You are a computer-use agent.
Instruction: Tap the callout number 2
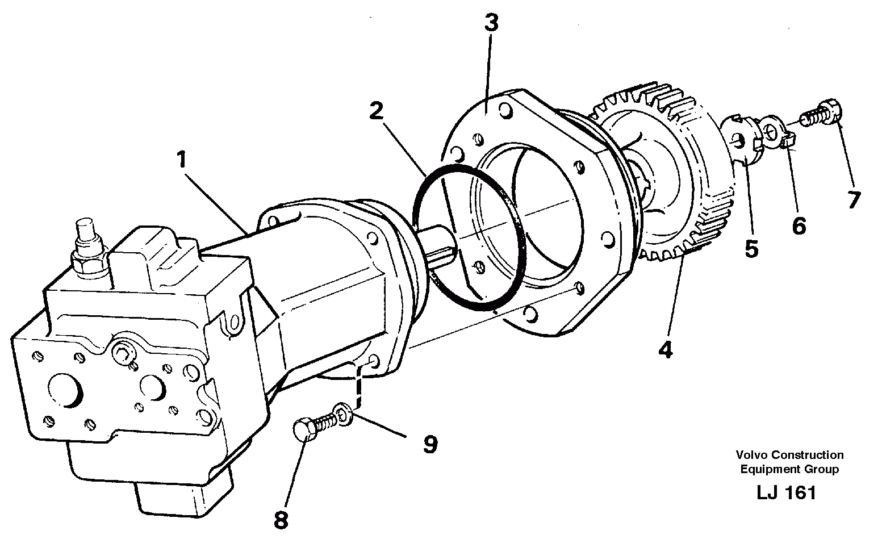coord(377,111)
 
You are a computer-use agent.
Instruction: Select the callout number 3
coord(491,24)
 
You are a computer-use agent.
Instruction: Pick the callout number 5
coord(751,249)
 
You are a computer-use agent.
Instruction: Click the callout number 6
coord(799,225)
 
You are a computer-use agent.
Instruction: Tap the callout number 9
coord(430,444)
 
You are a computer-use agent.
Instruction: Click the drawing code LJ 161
coord(786,492)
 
